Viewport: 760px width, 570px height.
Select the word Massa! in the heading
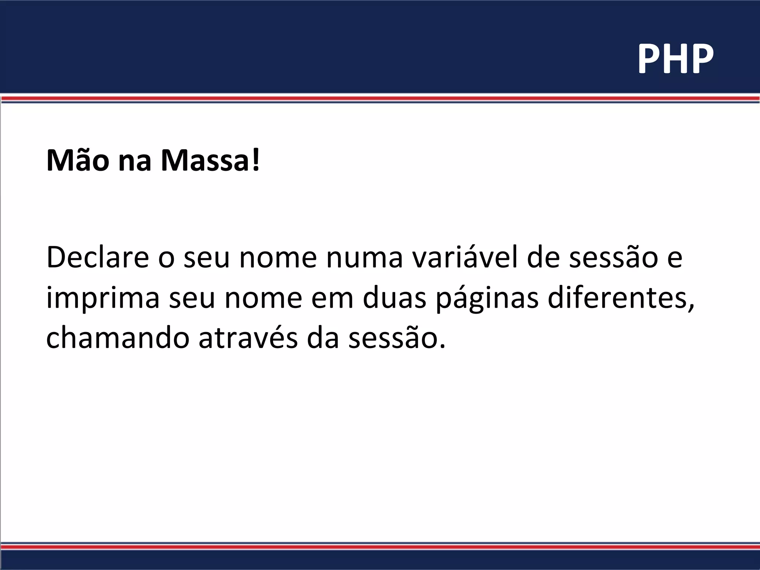click(x=210, y=161)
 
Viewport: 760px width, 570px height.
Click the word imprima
click(x=103, y=298)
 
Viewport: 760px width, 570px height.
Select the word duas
click(x=394, y=298)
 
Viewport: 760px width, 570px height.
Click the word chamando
click(x=118, y=338)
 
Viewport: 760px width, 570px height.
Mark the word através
click(x=248, y=338)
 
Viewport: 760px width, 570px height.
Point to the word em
click(x=332, y=298)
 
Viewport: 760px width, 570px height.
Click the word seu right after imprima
click(x=192, y=298)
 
